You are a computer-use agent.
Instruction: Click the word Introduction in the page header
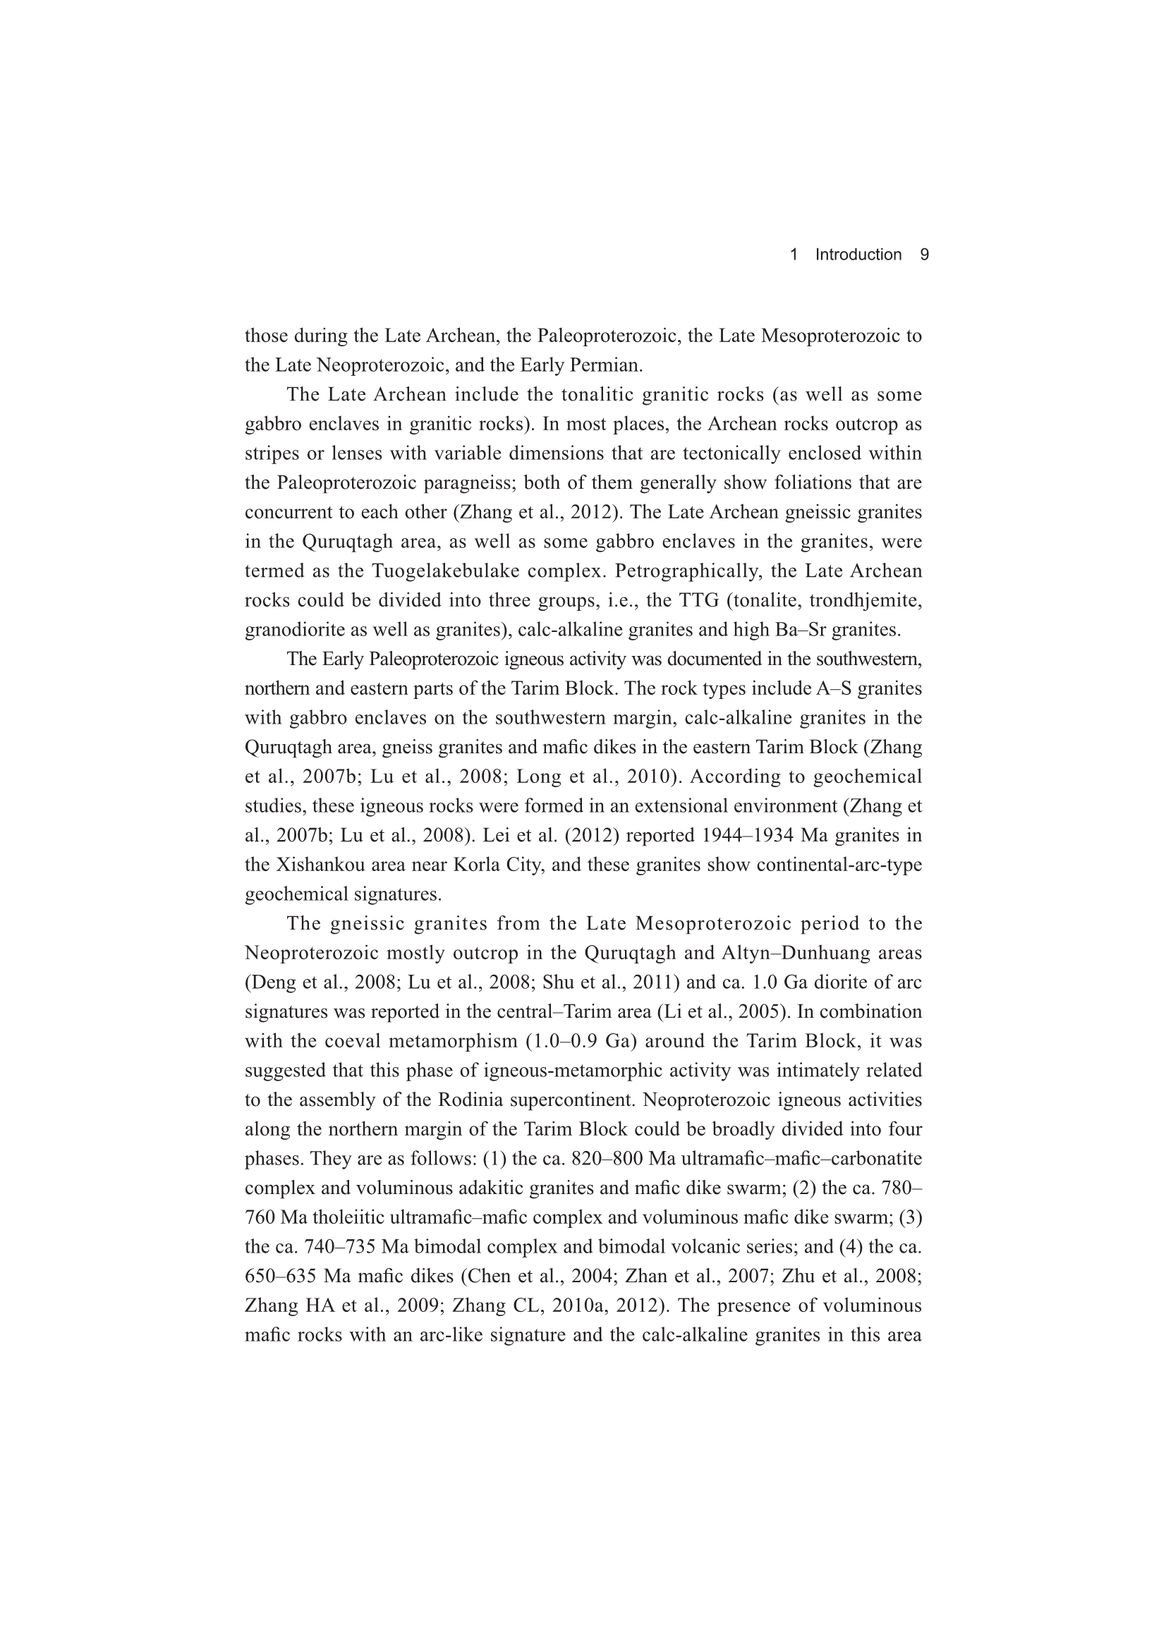pyautogui.click(x=858, y=254)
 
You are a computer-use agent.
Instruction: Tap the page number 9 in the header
pyautogui.click(x=925, y=254)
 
